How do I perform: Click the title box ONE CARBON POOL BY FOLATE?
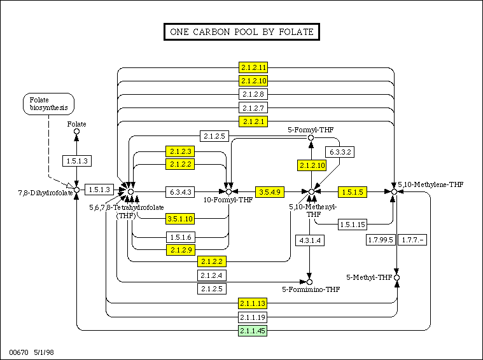[x=241, y=31]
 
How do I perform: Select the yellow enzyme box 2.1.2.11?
[x=253, y=67]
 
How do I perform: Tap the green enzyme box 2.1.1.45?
[x=253, y=331]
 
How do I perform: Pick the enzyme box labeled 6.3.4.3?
[x=182, y=191]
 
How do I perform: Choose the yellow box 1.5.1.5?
[x=352, y=191]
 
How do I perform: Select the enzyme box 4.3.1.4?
[x=310, y=240]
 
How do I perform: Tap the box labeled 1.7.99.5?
[x=381, y=240]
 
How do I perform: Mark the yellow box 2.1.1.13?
[x=253, y=303]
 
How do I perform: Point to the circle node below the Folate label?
[x=76, y=132]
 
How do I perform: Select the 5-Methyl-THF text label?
[x=369, y=278]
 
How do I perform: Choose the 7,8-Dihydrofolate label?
[x=36, y=191]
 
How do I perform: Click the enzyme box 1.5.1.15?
[x=352, y=224]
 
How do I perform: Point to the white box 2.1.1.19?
[x=253, y=317]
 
